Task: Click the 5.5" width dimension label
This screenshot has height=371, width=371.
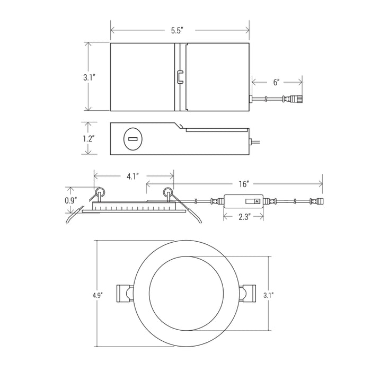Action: coord(178,31)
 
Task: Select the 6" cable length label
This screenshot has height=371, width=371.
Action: coord(276,82)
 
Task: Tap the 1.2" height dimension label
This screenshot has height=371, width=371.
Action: coord(89,139)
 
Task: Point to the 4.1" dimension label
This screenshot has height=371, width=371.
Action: coord(132,176)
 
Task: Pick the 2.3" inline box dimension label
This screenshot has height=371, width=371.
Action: coord(244,217)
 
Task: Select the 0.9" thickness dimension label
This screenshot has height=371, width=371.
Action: coord(71,201)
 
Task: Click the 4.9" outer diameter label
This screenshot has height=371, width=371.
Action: coord(97,295)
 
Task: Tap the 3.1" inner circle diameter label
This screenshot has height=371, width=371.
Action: coord(269,295)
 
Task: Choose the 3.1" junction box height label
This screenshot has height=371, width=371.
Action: coord(89,77)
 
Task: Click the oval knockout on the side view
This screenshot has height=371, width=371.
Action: coord(133,139)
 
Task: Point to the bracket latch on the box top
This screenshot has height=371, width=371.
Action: coord(180,77)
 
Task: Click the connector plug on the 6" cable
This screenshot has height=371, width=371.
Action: coord(293,99)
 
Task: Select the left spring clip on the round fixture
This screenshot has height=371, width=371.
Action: coord(124,294)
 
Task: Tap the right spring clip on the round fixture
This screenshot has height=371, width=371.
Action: coord(248,294)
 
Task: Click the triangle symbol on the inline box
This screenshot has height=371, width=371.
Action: coord(257,201)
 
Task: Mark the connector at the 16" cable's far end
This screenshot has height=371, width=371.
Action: coord(316,202)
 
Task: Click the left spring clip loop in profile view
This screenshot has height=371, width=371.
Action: coord(100,191)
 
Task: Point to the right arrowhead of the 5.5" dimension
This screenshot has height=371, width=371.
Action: coord(248,30)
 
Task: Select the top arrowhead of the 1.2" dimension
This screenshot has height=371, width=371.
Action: coord(88,124)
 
